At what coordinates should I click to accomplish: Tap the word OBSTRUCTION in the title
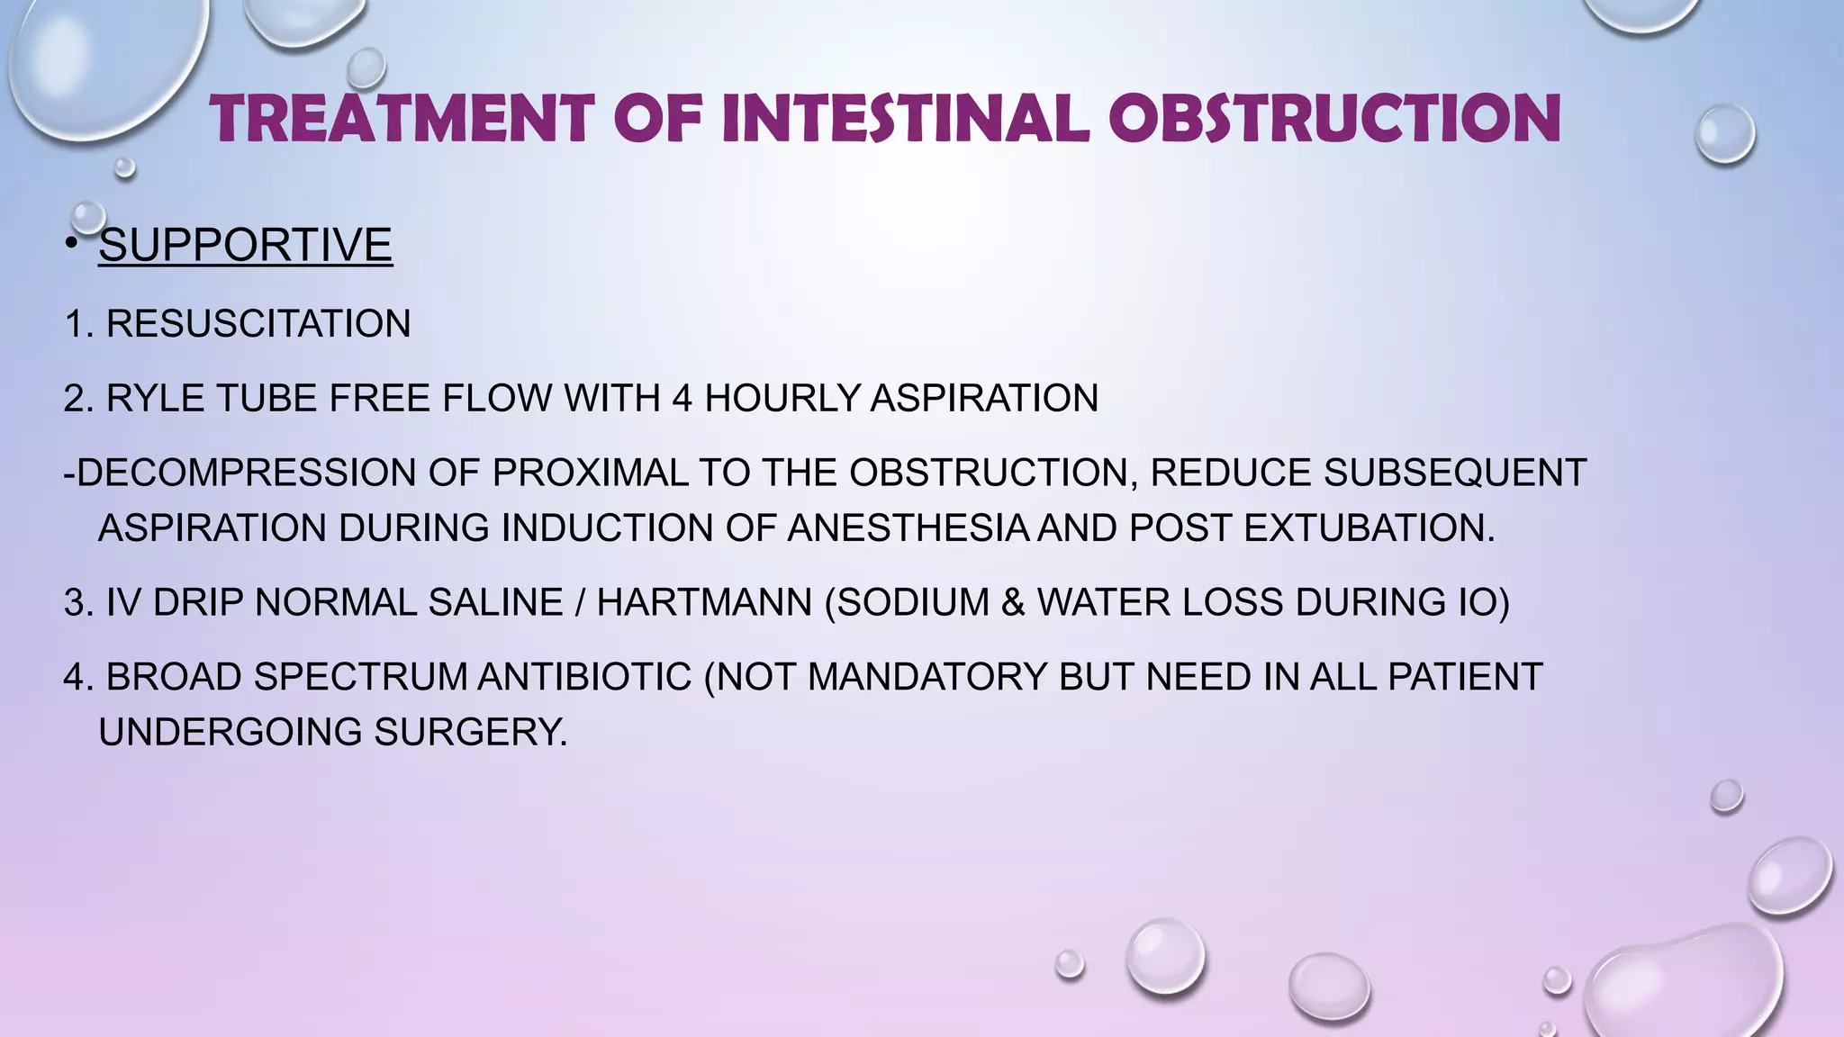[x=1334, y=119]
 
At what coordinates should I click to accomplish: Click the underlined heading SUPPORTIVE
[x=245, y=245]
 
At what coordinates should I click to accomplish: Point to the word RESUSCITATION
[x=258, y=324]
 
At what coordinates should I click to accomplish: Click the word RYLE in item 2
[x=155, y=399]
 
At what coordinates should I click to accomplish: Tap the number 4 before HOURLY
[x=682, y=399]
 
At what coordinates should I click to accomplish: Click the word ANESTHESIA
[x=908, y=528]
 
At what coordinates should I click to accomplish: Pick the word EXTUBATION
[x=1369, y=528]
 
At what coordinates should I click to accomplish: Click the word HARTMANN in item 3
[x=704, y=602]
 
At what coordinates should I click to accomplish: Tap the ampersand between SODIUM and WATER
[x=1013, y=602]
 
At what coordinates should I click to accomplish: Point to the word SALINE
[x=495, y=602]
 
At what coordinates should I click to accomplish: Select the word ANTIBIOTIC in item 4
[x=584, y=677]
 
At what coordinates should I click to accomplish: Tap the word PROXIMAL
[x=590, y=473]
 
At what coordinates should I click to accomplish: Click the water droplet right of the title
[x=1725, y=134]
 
